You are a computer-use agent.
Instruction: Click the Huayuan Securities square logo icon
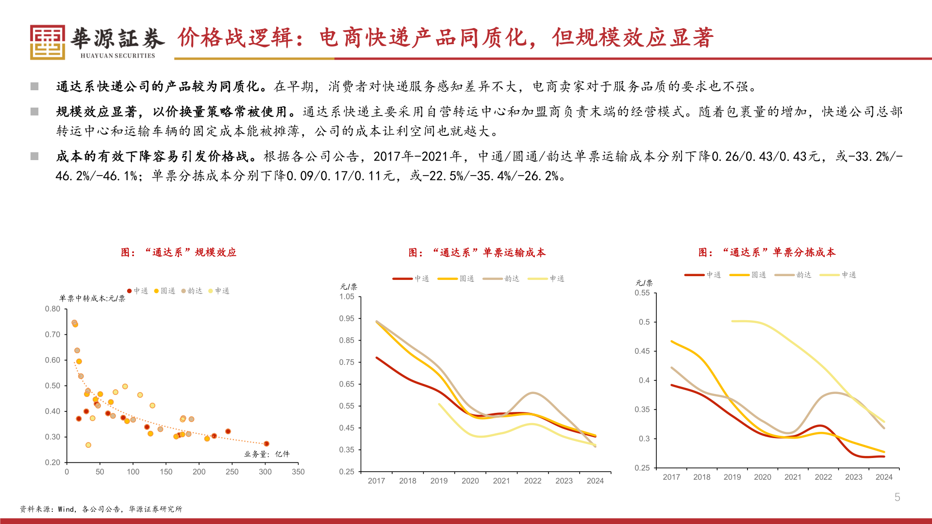[x=47, y=42]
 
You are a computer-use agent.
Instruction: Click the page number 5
[x=897, y=497]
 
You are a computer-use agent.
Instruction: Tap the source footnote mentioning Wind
[x=101, y=509]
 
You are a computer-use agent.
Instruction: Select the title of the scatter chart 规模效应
[x=179, y=252]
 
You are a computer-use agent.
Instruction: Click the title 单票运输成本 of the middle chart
[x=477, y=252]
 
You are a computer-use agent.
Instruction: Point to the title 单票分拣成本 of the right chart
[x=767, y=252]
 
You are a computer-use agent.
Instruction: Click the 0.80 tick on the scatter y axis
[x=52, y=309]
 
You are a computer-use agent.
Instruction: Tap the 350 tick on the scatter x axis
[x=298, y=472]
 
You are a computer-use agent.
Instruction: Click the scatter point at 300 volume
[x=266, y=443]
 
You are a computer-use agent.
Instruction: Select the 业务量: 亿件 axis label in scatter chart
[x=266, y=454]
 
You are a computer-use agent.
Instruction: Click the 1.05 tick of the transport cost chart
[x=347, y=296]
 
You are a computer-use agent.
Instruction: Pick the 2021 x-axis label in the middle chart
[x=501, y=481]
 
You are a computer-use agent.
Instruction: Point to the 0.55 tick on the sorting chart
[x=642, y=293]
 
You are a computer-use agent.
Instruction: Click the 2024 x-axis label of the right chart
[x=884, y=477]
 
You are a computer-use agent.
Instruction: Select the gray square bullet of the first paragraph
[x=34, y=86]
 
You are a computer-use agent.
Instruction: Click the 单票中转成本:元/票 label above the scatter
[x=92, y=298]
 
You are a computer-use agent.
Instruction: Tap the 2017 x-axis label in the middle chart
[x=376, y=481]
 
